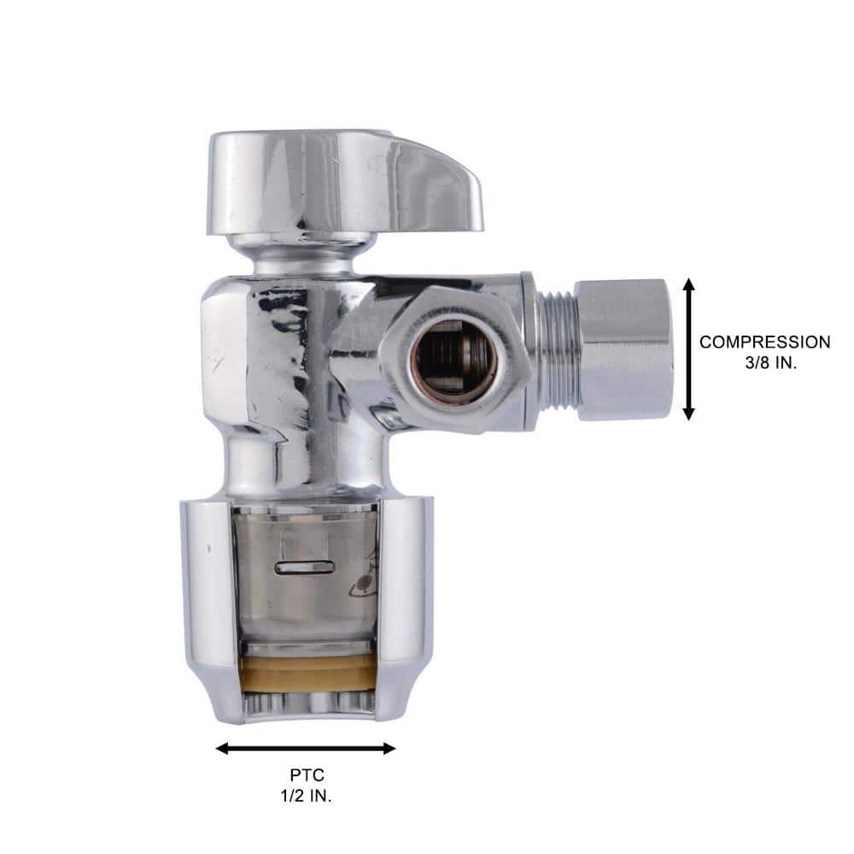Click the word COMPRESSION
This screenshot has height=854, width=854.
coord(764,342)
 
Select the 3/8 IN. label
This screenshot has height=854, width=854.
coord(775,362)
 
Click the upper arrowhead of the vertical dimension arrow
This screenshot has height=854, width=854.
coord(689,285)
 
